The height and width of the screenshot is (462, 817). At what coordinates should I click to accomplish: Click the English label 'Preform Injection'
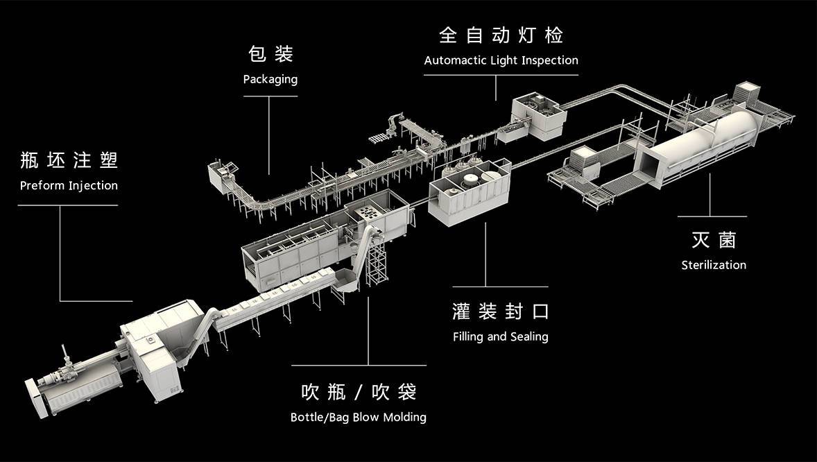point(69,186)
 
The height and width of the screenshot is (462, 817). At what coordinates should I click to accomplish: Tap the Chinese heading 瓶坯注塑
point(69,160)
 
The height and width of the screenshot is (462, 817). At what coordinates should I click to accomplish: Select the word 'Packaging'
point(270,79)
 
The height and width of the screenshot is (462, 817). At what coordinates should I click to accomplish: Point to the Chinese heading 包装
point(270,53)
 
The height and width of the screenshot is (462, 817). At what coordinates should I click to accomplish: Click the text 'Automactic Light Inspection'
point(501,60)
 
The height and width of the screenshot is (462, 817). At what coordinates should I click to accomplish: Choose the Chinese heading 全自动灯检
point(501,35)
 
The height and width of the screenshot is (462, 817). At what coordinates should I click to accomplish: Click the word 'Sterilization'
point(714,265)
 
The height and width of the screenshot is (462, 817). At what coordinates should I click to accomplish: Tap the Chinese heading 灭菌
point(714,240)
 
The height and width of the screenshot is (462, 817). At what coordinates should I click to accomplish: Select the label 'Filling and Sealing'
point(500,337)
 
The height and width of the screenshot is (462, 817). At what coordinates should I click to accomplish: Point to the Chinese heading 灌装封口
point(500,311)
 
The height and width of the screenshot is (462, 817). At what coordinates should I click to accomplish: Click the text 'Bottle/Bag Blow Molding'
point(358,418)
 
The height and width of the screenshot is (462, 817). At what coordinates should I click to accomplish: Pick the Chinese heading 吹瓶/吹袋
point(358,392)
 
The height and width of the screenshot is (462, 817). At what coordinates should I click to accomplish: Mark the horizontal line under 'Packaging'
point(270,96)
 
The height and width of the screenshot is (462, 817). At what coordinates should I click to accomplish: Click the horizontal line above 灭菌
point(711,216)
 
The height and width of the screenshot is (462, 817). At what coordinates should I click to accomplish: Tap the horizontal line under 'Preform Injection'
point(69,205)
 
